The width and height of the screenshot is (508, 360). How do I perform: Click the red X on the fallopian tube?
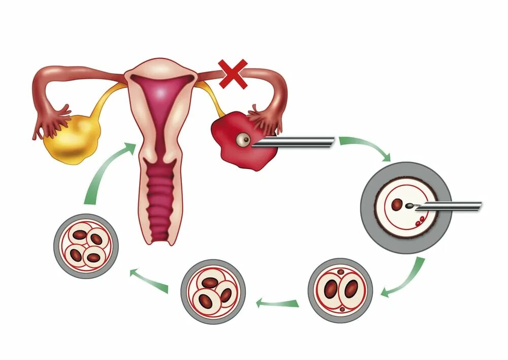[233, 74]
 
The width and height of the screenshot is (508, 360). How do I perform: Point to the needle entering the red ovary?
[295, 143]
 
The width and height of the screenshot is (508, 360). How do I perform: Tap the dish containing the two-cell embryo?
[340, 290]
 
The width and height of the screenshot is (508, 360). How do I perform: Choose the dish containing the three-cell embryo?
[213, 292]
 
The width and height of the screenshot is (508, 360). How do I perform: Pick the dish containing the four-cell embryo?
[86, 246]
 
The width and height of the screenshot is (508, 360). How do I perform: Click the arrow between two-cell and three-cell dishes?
[276, 304]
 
